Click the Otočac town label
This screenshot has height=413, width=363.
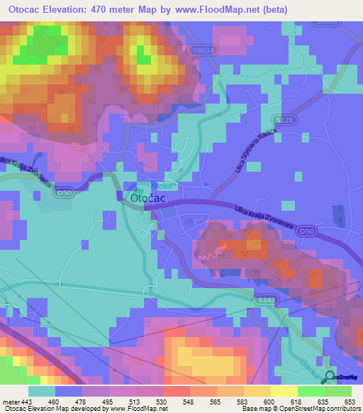click(148, 199)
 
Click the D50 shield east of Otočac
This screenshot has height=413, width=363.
click(306, 231)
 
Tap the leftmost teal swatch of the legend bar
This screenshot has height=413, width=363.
click(42, 391)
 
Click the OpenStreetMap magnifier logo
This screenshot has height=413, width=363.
click(329, 378)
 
